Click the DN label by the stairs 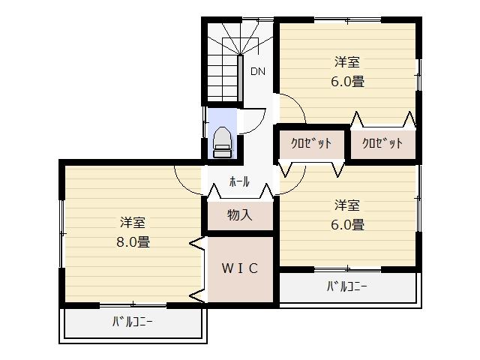tap(258, 72)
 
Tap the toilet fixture tap(222, 142)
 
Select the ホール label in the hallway tap(239, 181)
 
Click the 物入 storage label tap(239, 215)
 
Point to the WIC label tap(239, 268)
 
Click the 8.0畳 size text tap(133, 241)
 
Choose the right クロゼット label tap(382, 143)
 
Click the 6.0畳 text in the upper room tap(347, 82)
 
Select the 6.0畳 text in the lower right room tap(347, 223)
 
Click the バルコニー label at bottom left tap(133, 322)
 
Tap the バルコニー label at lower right tap(346, 286)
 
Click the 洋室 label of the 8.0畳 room tap(133, 223)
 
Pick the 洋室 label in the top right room tap(347, 62)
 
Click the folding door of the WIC tap(198, 270)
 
